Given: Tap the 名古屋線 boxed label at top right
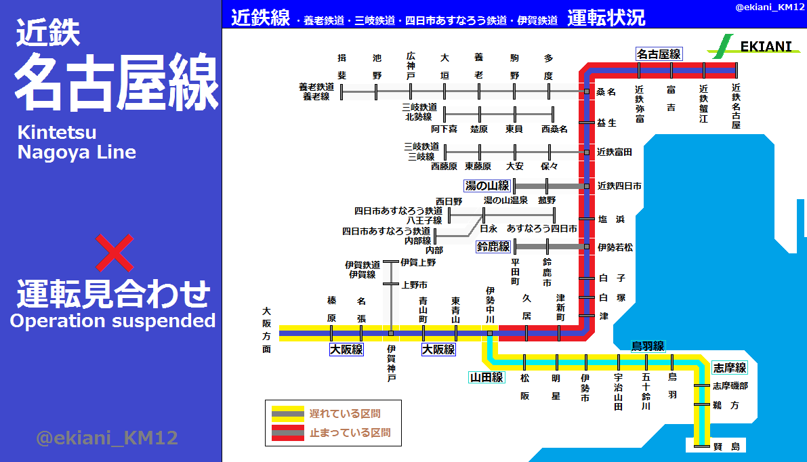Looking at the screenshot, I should tap(658, 54).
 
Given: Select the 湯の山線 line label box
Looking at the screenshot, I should tap(487, 186).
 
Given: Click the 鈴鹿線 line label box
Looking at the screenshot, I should tap(493, 247).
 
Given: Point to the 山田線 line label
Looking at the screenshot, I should tap(487, 377).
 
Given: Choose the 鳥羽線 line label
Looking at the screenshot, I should tap(648, 345).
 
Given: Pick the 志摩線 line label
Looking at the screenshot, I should tap(729, 368).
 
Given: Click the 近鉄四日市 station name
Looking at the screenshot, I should tap(619, 186).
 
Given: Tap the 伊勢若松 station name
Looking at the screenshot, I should tap(615, 247).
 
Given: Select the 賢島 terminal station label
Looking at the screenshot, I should tap(729, 446).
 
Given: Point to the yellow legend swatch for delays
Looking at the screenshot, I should tap(287, 413).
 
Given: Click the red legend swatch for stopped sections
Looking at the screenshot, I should tap(287, 432).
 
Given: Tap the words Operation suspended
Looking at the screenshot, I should tap(112, 320).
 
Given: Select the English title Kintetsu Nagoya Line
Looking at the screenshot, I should tap(77, 142).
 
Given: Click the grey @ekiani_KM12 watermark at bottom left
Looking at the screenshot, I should tap(106, 438).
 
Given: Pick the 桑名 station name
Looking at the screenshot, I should tap(606, 91).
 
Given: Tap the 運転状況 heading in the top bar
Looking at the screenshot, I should tap(606, 18).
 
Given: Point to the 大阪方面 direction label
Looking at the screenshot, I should tap(266, 330).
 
